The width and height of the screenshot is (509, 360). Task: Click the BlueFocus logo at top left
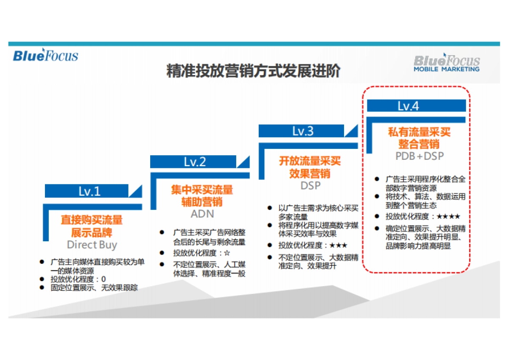coord(45,56)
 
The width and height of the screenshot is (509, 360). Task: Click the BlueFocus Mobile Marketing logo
coord(447,63)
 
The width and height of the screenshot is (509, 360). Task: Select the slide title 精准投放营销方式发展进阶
coord(253,71)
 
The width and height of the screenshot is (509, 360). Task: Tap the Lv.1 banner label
coord(89,191)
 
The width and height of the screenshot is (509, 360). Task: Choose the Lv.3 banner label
coord(303,131)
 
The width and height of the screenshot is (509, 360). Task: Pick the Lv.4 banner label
coord(408,106)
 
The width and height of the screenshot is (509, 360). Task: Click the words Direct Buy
coord(92,245)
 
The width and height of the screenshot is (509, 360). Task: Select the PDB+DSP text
coord(420,156)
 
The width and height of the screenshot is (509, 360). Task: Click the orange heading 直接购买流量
coord(92,220)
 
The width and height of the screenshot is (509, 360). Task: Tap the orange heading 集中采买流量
coord(202,189)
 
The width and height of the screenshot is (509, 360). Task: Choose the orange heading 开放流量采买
coord(310,161)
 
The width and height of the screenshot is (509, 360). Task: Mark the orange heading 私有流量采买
coord(419,132)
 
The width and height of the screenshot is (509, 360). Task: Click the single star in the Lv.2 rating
coord(227,253)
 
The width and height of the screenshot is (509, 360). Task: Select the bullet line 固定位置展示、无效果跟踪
coord(94,288)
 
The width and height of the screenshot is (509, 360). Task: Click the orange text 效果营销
coord(310,173)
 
